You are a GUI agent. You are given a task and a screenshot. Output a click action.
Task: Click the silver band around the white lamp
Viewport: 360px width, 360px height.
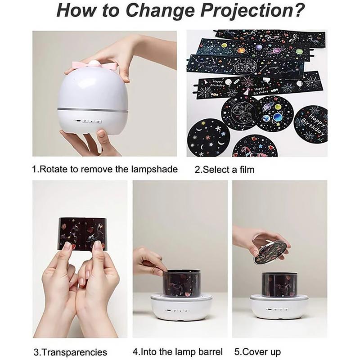coord(92,109)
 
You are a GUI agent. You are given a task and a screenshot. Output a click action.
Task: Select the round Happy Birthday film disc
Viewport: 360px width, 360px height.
coord(310,124)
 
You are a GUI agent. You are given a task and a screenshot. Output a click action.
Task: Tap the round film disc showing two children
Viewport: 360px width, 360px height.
coord(241,113)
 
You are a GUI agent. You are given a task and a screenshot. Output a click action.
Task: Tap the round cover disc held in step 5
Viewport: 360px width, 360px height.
coord(270,252)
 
